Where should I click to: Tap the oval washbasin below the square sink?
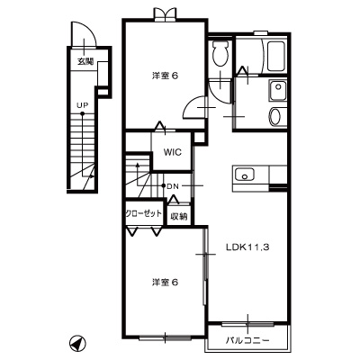click(275, 115)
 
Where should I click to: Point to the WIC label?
click(174, 152)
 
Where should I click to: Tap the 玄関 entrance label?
click(85, 61)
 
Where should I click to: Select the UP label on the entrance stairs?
click(82, 106)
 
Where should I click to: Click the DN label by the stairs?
click(174, 186)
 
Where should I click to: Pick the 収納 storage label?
click(178, 215)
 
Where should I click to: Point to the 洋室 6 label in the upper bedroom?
click(165, 76)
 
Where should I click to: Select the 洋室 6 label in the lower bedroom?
click(164, 282)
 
